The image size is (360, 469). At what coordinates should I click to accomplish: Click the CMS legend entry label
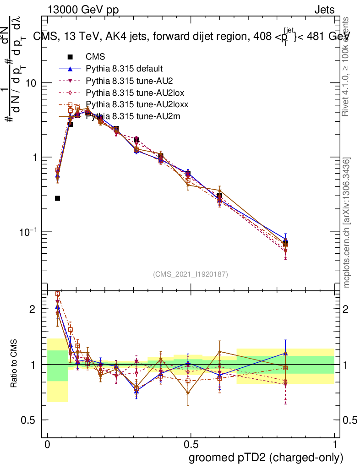point(95,57)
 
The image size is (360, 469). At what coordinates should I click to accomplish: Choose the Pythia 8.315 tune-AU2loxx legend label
point(137,105)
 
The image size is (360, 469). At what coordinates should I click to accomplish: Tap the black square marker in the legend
point(70,57)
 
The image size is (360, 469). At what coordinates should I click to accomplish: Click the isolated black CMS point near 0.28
point(57,198)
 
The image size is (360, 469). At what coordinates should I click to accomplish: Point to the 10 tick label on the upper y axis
point(30,83)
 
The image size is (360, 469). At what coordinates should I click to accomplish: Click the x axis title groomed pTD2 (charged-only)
point(266,458)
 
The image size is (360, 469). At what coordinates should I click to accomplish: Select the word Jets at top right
point(324,10)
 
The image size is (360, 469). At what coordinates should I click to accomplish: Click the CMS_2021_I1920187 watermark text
point(191,274)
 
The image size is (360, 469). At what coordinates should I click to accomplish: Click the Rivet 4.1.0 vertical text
point(347,66)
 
